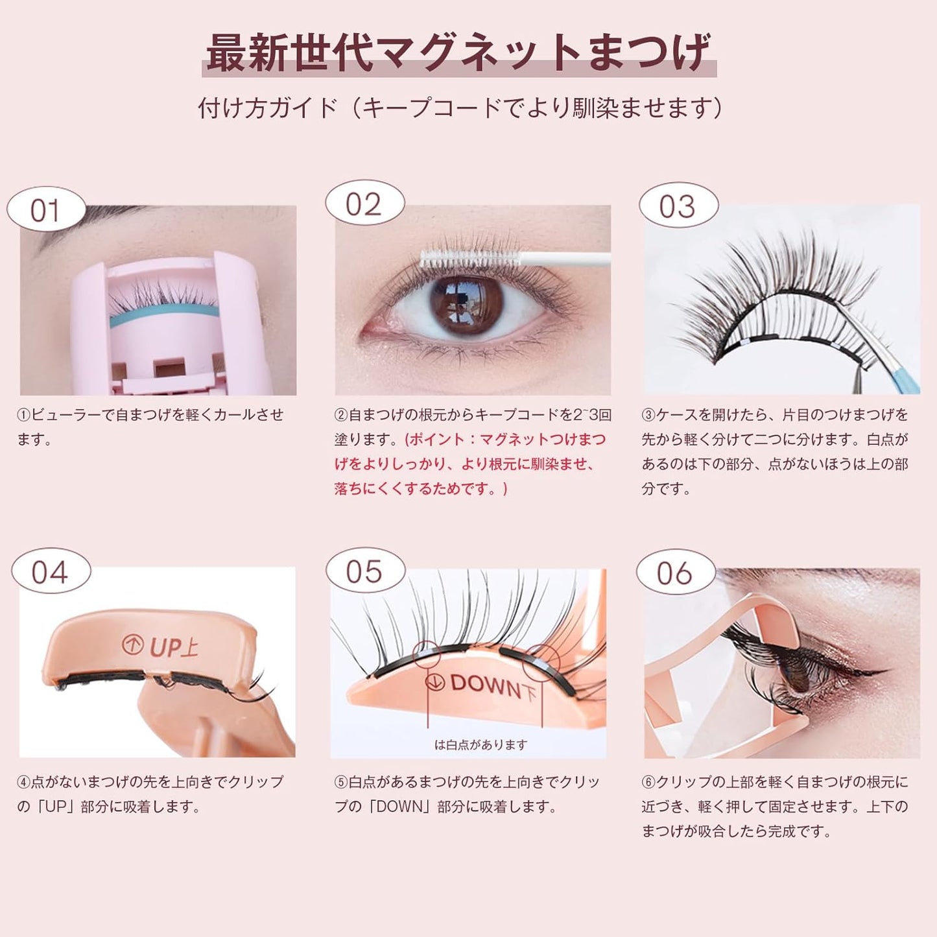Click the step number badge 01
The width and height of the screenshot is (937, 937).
45,210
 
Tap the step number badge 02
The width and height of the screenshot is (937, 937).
364,204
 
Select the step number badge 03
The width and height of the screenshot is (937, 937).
678,206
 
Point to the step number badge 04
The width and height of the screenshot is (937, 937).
50,572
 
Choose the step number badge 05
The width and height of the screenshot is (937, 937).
364,572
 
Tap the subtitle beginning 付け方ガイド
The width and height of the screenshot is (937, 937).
460,108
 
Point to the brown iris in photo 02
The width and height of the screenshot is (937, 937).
466,305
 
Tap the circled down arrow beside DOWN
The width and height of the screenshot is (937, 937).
435,682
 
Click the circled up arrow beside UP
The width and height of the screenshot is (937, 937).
133,645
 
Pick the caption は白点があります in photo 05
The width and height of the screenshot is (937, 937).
480,745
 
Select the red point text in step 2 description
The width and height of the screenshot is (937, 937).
469,464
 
